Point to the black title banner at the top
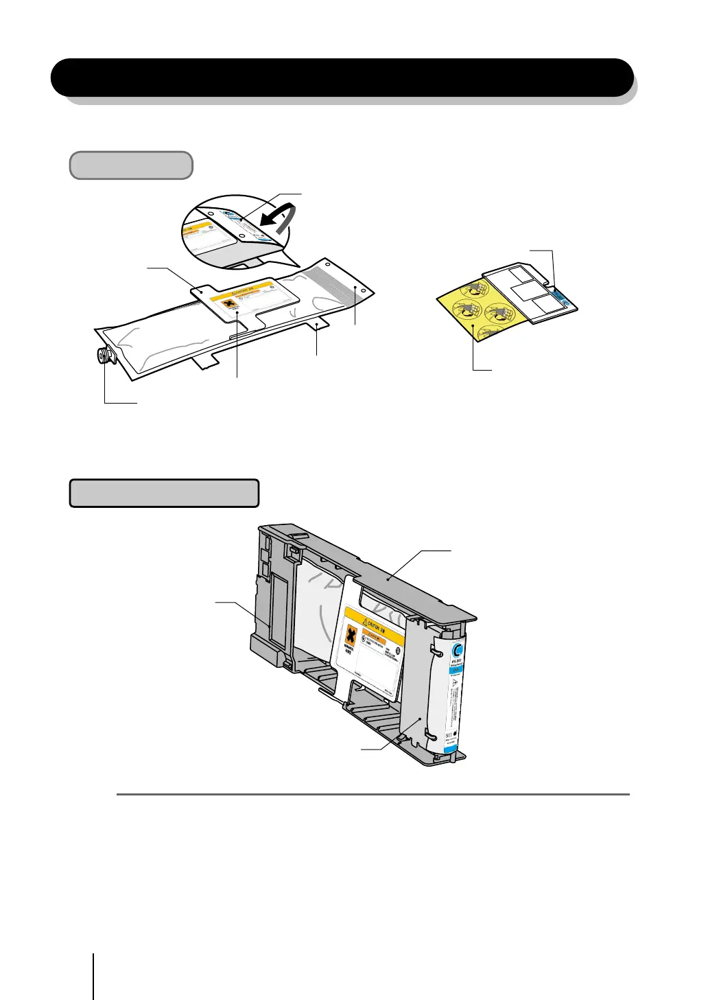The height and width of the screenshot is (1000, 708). (342, 77)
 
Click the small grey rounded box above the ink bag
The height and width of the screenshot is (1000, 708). (131, 165)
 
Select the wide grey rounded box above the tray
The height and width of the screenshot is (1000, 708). (164, 493)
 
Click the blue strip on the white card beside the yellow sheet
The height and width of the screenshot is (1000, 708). (564, 296)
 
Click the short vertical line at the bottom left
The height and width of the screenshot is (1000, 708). (93, 975)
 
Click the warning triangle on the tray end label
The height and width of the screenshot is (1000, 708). (456, 694)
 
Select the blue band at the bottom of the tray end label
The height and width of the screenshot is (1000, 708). (449, 753)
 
